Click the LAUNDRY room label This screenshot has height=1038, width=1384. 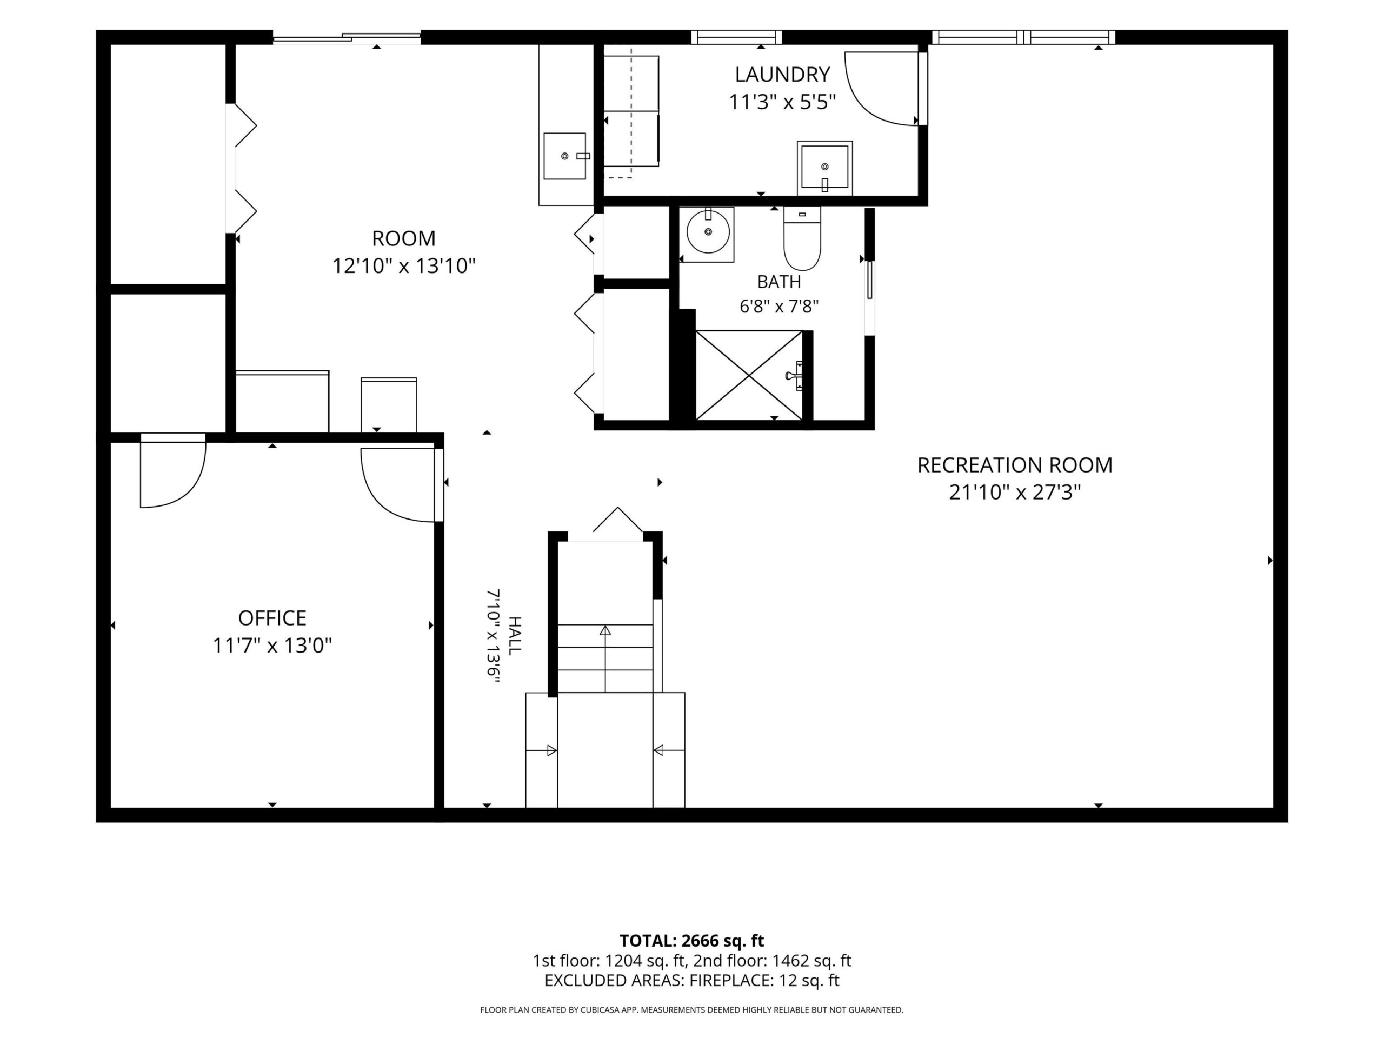point(782,75)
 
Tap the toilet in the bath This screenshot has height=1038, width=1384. point(802,238)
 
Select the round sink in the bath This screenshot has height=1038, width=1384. point(708,231)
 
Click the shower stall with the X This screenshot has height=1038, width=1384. point(749,375)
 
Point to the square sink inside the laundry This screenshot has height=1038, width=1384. point(824,167)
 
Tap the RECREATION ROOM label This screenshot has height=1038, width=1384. point(1015,465)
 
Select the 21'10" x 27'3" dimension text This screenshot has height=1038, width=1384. point(1015,493)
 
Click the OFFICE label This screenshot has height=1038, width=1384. point(272,617)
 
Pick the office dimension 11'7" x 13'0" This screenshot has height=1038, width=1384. point(272,645)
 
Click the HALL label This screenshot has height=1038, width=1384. point(514,636)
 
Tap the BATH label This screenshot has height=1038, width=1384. point(779,282)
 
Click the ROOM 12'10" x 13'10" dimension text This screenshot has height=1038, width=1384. point(403,266)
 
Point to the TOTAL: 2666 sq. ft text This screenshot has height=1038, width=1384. point(691,940)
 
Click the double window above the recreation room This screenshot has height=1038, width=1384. point(1023,37)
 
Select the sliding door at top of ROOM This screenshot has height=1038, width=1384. point(347,37)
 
